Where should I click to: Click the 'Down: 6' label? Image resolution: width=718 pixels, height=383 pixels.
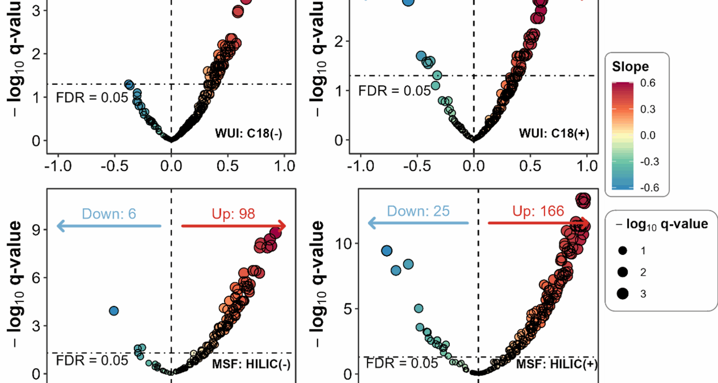[x=109, y=214]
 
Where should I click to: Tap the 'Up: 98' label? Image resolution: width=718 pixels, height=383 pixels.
[x=233, y=214]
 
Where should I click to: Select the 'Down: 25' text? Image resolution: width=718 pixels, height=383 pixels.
[x=418, y=211]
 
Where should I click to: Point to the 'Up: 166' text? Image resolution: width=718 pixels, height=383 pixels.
[x=538, y=211]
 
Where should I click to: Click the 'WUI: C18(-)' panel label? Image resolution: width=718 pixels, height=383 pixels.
[x=248, y=133]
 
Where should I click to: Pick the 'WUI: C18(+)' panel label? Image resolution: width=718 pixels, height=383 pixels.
[x=554, y=133]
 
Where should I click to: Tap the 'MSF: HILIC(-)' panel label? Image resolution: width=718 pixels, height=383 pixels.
[x=251, y=364]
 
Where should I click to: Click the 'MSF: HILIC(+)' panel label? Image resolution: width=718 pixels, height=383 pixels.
[x=556, y=364]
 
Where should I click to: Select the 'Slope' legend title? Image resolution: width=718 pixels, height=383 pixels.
[x=630, y=67]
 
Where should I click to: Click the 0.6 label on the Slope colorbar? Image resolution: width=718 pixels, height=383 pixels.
[x=648, y=83]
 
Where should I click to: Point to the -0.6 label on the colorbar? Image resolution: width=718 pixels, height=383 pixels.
[x=649, y=187]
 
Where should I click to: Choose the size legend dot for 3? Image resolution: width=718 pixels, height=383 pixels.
[x=623, y=294]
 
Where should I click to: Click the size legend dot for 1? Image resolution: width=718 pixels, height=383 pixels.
[x=623, y=251]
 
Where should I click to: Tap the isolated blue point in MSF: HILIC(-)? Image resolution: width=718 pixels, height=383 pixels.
[x=114, y=311]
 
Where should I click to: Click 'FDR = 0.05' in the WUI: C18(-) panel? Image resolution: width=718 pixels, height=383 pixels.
[x=92, y=98]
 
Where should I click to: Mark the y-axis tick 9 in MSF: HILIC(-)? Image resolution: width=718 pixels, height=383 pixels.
[x=36, y=229]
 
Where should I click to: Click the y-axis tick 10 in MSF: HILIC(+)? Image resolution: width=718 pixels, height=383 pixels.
[x=343, y=244]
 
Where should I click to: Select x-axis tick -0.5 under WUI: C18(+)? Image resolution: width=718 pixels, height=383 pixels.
[x=417, y=166]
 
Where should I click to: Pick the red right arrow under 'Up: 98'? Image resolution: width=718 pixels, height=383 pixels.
[x=233, y=226]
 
